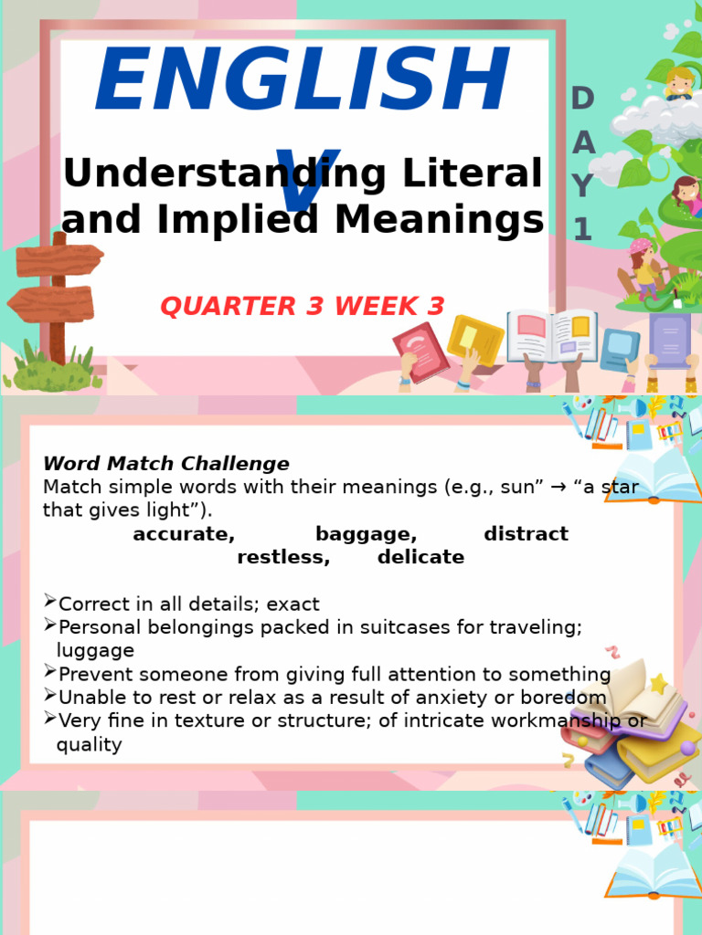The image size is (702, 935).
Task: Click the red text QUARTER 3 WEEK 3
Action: [x=303, y=307]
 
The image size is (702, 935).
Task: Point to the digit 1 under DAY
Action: [x=582, y=230]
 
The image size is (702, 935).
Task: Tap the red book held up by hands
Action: [x=420, y=352]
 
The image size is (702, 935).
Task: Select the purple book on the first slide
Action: [x=670, y=340]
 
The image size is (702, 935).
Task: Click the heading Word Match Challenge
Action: [x=165, y=464]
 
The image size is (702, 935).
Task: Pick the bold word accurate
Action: [x=184, y=534]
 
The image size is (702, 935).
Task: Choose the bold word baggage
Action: [x=366, y=534]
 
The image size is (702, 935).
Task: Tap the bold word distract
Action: [x=526, y=534]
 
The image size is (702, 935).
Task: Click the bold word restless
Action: [x=283, y=557]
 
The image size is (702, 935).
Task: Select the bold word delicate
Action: [x=420, y=557]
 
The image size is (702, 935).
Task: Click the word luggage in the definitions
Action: [x=95, y=651]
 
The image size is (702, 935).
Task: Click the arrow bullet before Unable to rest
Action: [x=49, y=696]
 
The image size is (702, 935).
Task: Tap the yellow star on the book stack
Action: [x=658, y=684]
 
